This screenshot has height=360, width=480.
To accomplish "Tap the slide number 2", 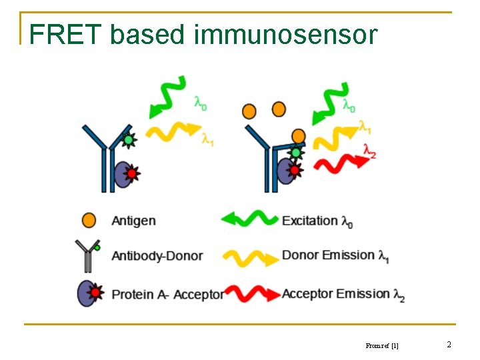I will tap(449, 345).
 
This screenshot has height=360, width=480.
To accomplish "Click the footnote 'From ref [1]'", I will tap(382, 345).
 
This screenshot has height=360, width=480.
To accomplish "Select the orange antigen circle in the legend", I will tap(88, 220).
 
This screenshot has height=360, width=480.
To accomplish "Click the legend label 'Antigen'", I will tap(133, 221).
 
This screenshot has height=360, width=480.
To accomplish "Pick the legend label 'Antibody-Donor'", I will tap(157, 256).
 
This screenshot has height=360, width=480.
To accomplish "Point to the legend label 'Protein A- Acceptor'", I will tap(167, 294).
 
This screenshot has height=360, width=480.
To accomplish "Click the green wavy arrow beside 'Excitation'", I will tap(249, 219).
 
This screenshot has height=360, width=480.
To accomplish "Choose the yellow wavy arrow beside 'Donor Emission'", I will tap(250, 257).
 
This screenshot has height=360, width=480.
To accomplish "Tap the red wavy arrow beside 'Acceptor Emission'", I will tap(250, 293).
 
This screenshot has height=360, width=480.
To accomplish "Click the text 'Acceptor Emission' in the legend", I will tap(335, 293).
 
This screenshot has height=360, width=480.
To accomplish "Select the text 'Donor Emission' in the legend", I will tap(328, 255).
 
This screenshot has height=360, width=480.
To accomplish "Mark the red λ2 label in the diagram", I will tap(369, 152).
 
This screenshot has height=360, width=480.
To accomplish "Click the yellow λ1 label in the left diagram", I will tap(209, 140).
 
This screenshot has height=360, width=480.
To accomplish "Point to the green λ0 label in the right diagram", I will tap(349, 105).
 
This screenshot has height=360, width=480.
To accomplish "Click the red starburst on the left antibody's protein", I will tap(131, 174).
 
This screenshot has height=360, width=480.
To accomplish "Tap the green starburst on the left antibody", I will tap(128, 140).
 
